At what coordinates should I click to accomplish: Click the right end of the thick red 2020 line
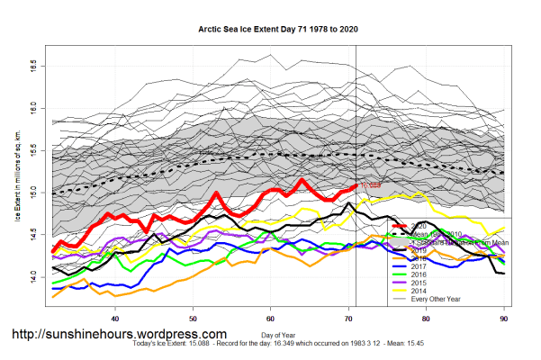(x=356, y=185)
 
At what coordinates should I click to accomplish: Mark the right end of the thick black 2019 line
(x=502, y=274)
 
